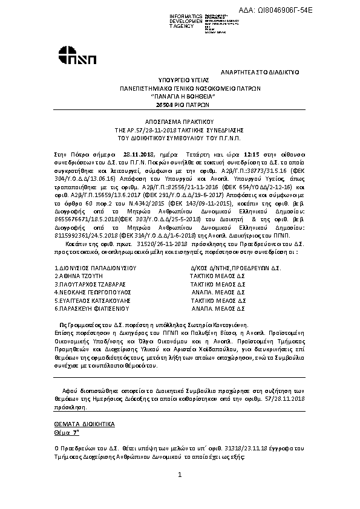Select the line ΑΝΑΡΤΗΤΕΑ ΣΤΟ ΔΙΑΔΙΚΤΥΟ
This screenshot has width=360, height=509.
pos(260,72)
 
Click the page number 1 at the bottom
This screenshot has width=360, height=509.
pos(180,475)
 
